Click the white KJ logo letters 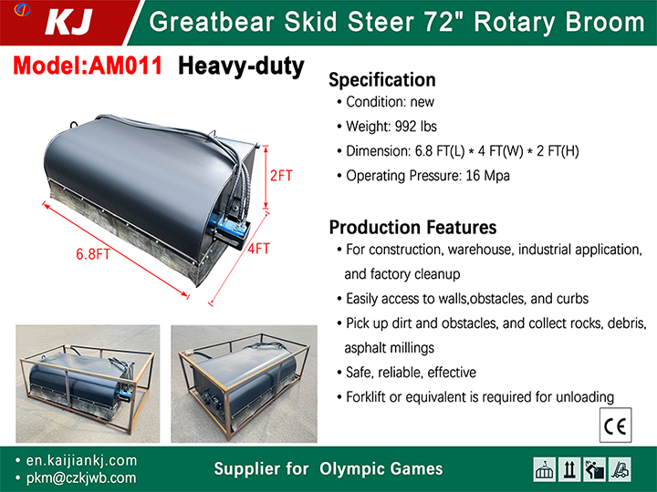coord(69,22)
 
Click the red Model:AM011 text coord(88,66)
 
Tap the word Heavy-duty coord(241,67)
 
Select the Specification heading coord(382,80)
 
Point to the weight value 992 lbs coord(416,127)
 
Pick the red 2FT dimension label coord(281,176)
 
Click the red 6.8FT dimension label coord(92,254)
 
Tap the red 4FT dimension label coord(258,249)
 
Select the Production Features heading coord(412,228)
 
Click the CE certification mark coord(615,425)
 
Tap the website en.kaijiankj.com coord(81,461)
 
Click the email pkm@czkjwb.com coord(81,477)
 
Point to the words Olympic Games coord(381,469)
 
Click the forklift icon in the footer coord(620,469)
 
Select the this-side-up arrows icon coord(569,469)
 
